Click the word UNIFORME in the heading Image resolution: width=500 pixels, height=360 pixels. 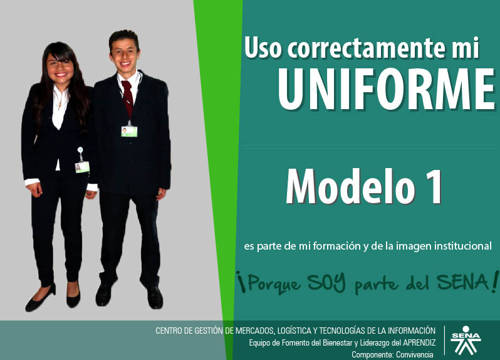pyautogui.click(x=387, y=90)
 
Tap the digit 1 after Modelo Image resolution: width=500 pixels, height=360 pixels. pyautogui.click(x=435, y=187)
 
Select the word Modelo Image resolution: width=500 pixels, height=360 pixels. pyautogui.click(x=350, y=186)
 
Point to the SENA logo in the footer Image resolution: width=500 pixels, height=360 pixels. pyautogui.click(x=466, y=340)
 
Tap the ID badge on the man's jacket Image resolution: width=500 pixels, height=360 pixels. pyautogui.click(x=129, y=131)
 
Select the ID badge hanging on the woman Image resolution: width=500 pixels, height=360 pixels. pyautogui.click(x=82, y=167)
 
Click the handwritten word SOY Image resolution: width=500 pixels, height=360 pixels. pyautogui.click(x=326, y=282)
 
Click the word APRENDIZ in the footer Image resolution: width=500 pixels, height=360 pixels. pyautogui.click(x=419, y=343)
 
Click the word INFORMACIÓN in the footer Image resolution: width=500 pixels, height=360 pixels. pyautogui.click(x=412, y=331)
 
